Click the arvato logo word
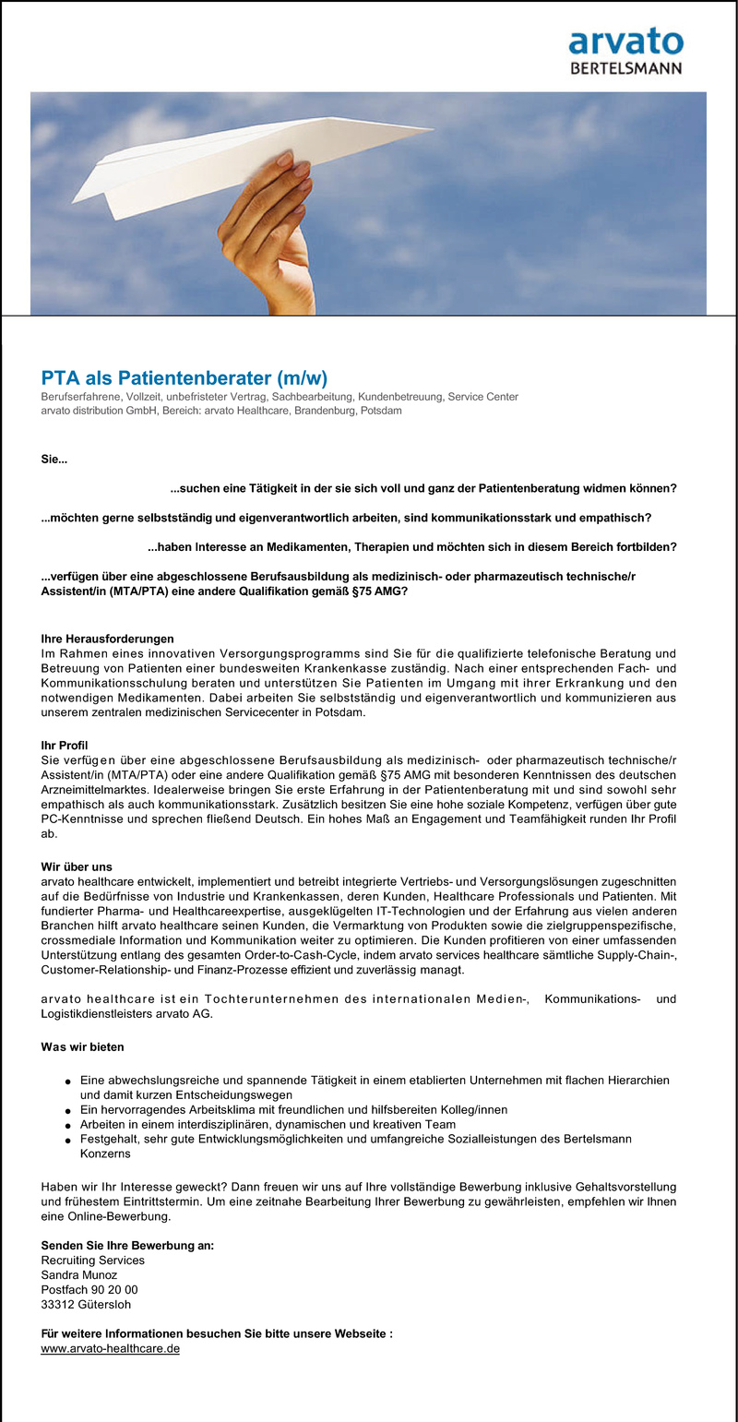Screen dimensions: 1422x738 point(625,42)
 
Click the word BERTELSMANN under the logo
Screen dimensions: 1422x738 point(625,67)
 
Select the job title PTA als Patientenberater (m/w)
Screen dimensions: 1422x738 point(184,378)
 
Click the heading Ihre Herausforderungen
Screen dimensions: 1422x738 point(107,639)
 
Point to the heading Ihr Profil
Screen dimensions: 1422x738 point(65,745)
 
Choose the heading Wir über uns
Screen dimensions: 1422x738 point(77,866)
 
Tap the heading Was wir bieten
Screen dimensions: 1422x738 point(82,1047)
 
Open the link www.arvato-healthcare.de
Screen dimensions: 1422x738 point(110,1348)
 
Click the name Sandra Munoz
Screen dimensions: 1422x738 point(79,1274)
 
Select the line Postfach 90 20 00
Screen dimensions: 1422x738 point(89,1289)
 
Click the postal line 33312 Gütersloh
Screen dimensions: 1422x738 point(87,1304)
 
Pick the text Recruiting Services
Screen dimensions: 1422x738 point(92,1260)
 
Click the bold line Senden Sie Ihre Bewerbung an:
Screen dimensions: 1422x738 point(127,1245)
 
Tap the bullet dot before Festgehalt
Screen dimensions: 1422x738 point(69,1141)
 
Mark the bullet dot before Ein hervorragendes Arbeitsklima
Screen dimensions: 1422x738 point(69,1111)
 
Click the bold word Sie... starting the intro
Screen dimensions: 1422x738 point(54,459)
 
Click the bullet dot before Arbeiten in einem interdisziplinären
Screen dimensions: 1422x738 point(69,1126)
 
